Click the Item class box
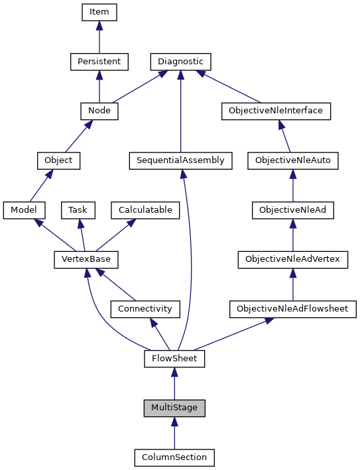[99, 12]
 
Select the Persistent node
[99, 62]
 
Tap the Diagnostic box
[180, 62]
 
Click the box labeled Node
[99, 111]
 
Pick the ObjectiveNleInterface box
[275, 111]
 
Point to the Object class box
[58, 160]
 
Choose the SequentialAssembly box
[180, 160]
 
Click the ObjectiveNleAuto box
[292, 160]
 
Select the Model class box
[24, 210]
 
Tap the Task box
[78, 210]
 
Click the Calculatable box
[145, 210]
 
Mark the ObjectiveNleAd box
[292, 210]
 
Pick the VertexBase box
[81, 259]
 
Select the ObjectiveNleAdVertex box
[292, 259]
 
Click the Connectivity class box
[145, 309]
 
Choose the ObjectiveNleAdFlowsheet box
[292, 309]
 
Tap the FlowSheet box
[174, 359]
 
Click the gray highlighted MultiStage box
[174, 408]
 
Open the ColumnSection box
[174, 457]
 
